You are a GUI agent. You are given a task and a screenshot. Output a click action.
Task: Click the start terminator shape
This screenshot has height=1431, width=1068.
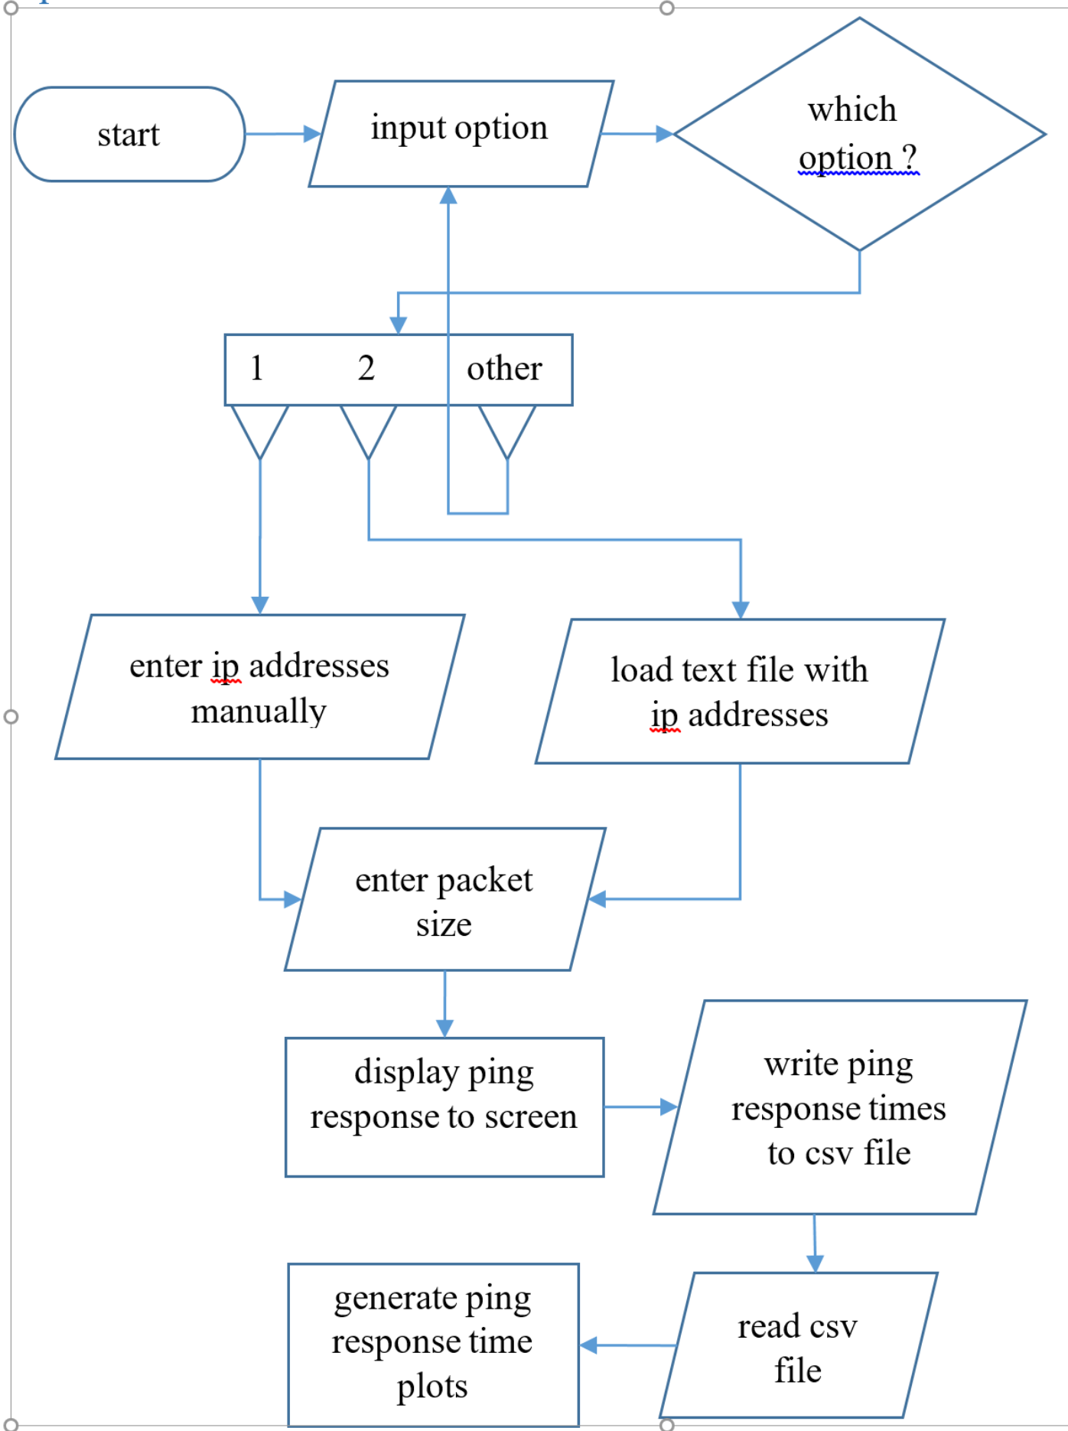pyautogui.click(x=129, y=135)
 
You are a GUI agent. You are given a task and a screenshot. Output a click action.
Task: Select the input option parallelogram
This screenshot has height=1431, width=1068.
pyautogui.click(x=461, y=134)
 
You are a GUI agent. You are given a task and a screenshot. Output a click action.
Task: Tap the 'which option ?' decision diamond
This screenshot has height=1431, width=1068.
pyautogui.click(x=858, y=134)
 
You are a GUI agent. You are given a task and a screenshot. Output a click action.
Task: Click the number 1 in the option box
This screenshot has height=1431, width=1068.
pyautogui.click(x=257, y=369)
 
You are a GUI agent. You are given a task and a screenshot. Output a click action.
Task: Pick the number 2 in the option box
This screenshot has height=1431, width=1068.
pyautogui.click(x=366, y=369)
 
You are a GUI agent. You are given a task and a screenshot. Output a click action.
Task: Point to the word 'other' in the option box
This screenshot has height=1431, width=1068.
pyautogui.click(x=504, y=369)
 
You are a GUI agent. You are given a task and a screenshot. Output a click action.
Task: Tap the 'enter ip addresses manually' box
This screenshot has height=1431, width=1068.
pyautogui.click(x=259, y=687)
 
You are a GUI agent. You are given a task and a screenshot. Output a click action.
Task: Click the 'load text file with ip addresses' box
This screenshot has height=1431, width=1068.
pyautogui.click(x=740, y=692)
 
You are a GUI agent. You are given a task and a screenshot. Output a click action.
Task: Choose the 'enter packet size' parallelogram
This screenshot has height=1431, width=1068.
pyautogui.click(x=444, y=900)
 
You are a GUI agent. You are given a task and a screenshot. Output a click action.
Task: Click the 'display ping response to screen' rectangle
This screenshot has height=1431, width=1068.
pyautogui.click(x=444, y=1107)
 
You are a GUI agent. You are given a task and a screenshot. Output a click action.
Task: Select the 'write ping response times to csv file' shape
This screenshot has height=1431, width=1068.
pyautogui.click(x=839, y=1107)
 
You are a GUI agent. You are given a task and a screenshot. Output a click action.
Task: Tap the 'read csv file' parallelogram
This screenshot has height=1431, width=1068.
pyautogui.click(x=798, y=1346)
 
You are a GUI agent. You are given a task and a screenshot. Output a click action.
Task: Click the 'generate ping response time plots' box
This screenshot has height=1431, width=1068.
pyautogui.click(x=433, y=1344)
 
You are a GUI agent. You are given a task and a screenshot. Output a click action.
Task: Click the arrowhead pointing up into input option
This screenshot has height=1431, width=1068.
pyautogui.click(x=448, y=196)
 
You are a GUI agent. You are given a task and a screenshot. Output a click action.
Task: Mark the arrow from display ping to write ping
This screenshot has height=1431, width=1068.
pyautogui.click(x=640, y=1107)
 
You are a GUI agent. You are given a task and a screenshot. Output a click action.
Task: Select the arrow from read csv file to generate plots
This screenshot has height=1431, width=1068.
pyautogui.click(x=627, y=1345)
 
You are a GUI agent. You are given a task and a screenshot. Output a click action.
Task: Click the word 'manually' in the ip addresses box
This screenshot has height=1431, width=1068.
pyautogui.click(x=259, y=712)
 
